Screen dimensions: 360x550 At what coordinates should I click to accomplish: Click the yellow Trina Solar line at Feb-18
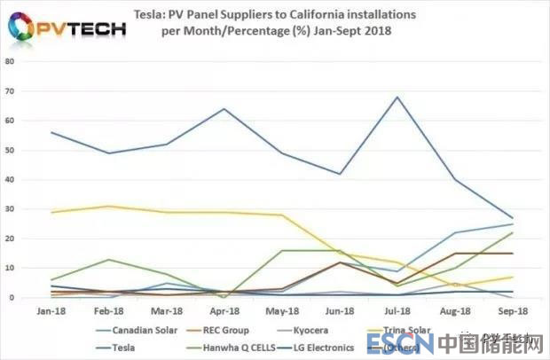[107, 206]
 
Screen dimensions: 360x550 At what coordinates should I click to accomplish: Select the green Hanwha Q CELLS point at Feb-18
[107, 260]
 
